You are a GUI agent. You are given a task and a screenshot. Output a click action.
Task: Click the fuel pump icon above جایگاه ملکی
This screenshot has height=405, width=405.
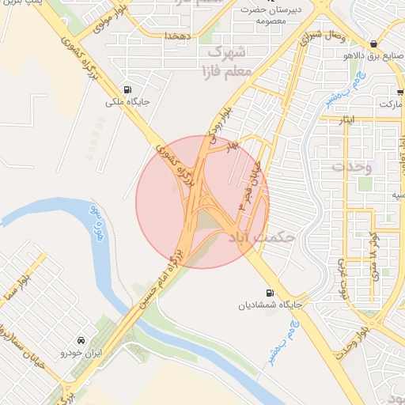127,89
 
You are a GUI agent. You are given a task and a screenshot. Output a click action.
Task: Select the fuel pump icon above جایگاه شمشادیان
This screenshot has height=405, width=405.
271,292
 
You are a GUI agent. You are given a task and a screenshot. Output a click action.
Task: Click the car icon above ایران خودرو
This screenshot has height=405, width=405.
80,339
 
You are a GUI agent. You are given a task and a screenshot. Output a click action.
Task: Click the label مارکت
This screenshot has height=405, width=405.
391,104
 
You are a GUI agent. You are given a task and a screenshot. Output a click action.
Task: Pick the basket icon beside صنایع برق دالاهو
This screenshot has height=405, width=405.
374,44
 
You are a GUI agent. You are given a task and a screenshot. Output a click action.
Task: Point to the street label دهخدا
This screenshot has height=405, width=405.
175,36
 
